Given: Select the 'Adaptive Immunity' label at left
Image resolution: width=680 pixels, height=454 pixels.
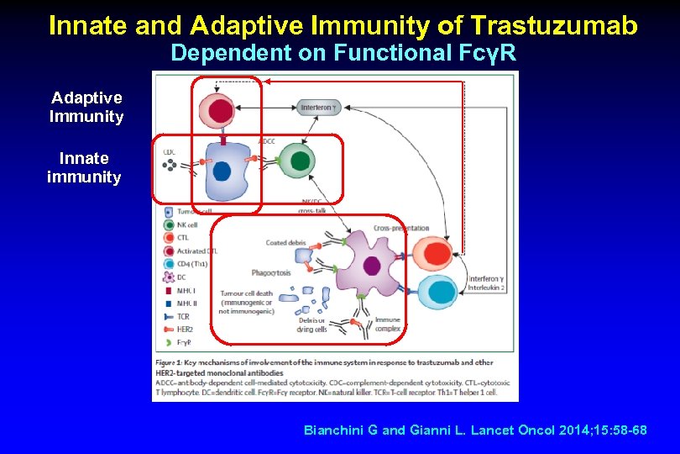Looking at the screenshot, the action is click(x=86, y=108).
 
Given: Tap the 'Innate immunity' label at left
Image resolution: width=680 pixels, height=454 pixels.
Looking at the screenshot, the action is click(x=84, y=166).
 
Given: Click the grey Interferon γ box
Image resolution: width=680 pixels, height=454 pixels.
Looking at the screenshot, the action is click(x=321, y=108).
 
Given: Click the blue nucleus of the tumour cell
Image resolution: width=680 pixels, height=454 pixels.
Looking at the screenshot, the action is click(x=221, y=171).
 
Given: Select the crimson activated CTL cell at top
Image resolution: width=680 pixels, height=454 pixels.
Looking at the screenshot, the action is click(x=220, y=109).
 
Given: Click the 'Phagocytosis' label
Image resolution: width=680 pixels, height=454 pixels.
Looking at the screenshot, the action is click(x=270, y=273).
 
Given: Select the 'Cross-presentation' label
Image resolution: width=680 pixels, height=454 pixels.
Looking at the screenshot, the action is click(x=401, y=229).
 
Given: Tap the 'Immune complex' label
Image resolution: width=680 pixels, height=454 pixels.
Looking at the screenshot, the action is click(x=387, y=323).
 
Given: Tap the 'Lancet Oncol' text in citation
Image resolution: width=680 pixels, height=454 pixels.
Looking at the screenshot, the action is click(x=520, y=430).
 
